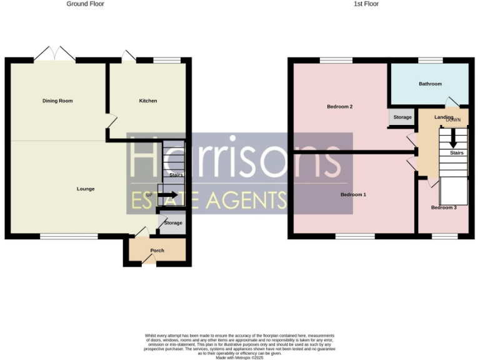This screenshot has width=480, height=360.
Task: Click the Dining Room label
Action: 57,101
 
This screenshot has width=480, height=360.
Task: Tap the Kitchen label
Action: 148,101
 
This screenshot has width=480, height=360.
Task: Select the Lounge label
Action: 86,189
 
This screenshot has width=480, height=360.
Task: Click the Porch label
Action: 157,251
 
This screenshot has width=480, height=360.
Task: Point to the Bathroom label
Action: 430,84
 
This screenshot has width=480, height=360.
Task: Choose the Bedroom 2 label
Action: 340,107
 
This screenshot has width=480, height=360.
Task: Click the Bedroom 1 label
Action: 353,194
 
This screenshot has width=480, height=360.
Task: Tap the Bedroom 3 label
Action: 443,207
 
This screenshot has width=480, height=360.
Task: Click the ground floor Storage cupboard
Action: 173,223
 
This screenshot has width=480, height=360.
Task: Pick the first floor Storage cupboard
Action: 402,117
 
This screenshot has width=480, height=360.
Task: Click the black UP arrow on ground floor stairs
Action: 166,195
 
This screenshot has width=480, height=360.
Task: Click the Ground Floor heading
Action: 86,4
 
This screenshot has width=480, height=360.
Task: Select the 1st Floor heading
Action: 366,4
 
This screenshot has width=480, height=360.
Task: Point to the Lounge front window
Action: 69,236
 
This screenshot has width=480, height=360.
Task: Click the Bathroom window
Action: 430,61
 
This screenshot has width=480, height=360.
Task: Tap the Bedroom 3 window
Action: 444,236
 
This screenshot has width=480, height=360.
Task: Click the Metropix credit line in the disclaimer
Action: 239,357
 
